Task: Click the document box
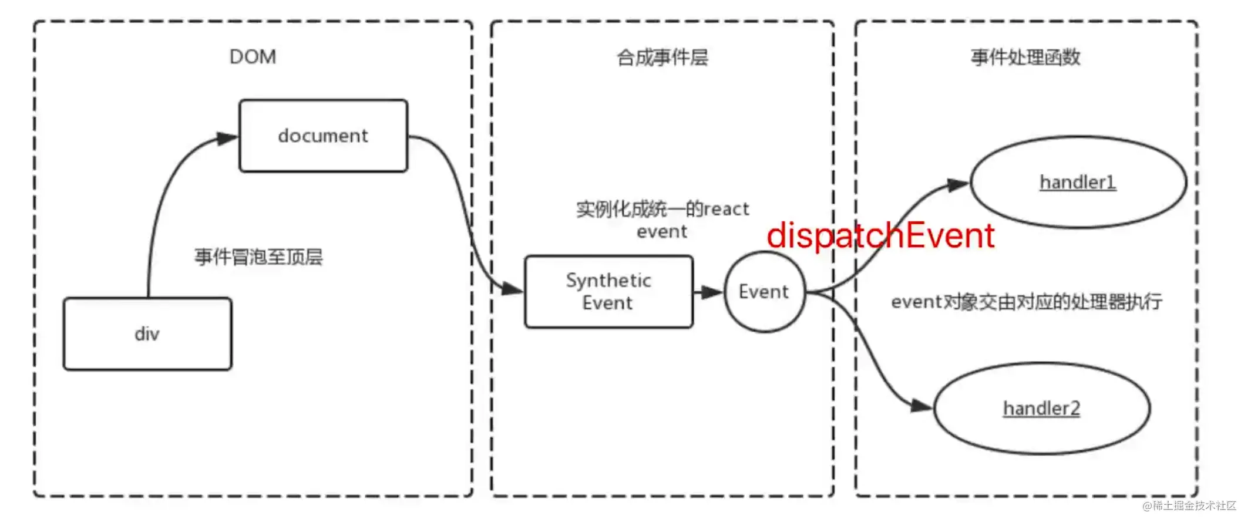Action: (x=323, y=136)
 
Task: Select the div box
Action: (x=147, y=334)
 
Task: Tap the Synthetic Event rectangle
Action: (x=608, y=292)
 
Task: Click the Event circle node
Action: (x=764, y=292)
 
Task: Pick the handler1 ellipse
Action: (x=1078, y=182)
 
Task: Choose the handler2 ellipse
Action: (x=1041, y=408)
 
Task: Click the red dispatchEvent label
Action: (x=880, y=235)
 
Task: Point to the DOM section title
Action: (x=253, y=57)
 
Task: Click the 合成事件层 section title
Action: (x=662, y=58)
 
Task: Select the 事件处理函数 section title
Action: (x=1025, y=58)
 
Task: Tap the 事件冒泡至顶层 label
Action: (x=258, y=257)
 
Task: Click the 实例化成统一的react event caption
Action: (x=663, y=220)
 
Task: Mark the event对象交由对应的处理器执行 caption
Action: (x=1026, y=302)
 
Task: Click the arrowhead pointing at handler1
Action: (x=958, y=185)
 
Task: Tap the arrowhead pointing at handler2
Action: (x=921, y=406)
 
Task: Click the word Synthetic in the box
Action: (x=608, y=281)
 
